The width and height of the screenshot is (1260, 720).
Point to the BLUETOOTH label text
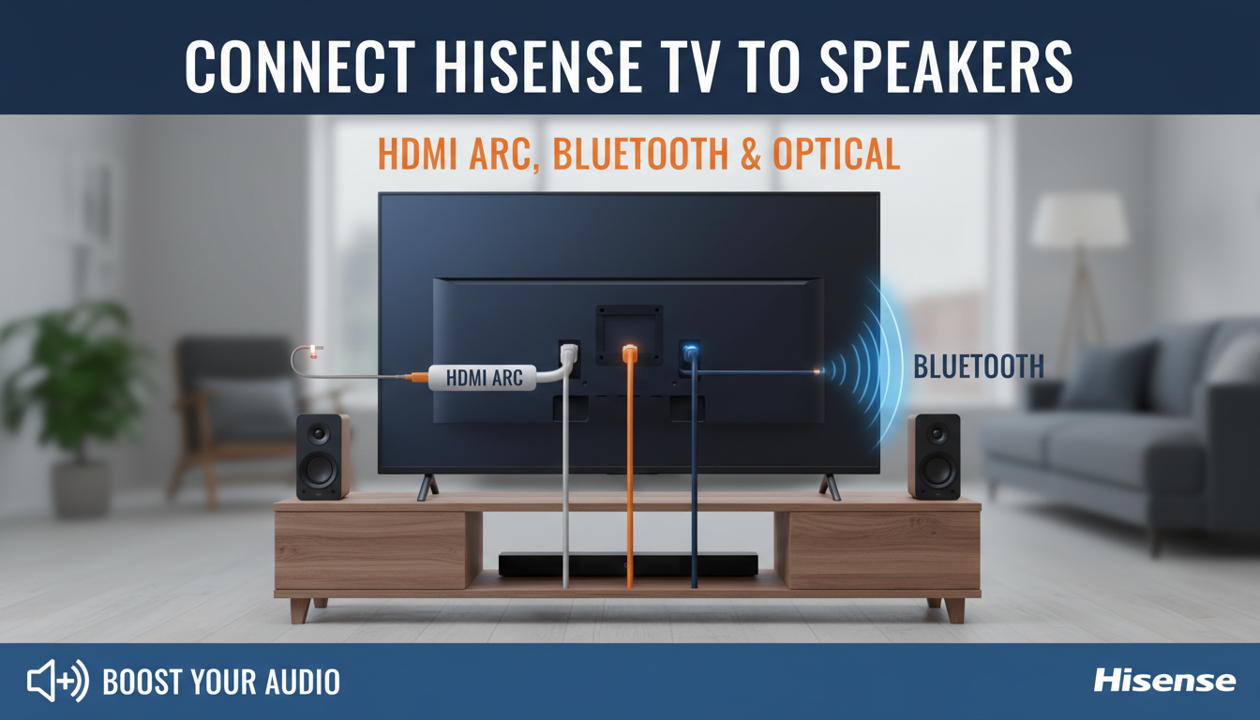coord(979,367)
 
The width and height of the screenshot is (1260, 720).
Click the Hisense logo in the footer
coord(1164,681)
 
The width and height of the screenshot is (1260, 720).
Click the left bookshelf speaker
coord(322,457)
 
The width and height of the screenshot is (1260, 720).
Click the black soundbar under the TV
coord(627,563)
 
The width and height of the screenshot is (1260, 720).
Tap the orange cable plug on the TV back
coord(630,354)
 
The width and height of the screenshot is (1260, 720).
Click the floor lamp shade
coord(1079,221)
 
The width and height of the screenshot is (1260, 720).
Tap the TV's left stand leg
coord(427,486)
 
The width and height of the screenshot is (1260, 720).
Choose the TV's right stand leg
coord(830,486)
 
